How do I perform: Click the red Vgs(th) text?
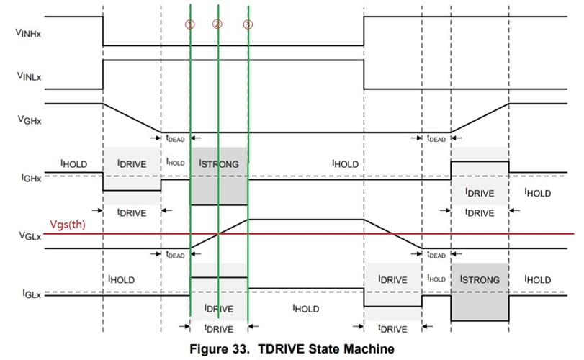(x=68, y=225)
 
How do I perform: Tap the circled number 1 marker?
(x=189, y=24)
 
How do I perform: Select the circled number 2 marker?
(x=217, y=24)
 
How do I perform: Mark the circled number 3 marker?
(x=248, y=24)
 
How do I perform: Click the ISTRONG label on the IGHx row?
(x=219, y=164)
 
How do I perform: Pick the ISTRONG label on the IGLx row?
(x=480, y=279)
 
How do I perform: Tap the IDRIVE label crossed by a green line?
(x=219, y=309)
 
